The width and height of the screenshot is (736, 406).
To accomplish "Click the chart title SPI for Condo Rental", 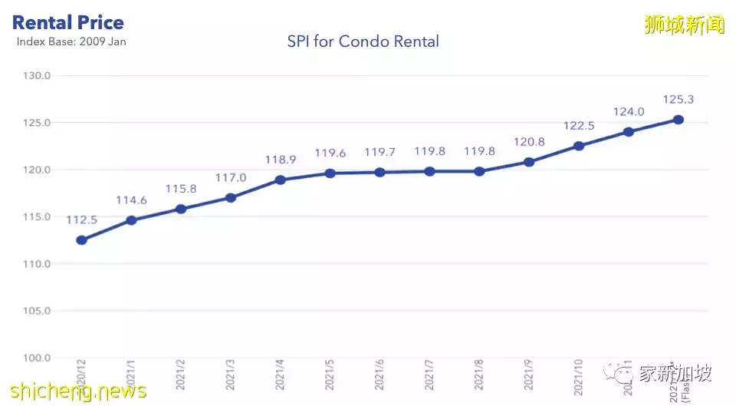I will [x=363, y=41].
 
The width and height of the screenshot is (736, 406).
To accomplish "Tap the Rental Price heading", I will [x=68, y=22].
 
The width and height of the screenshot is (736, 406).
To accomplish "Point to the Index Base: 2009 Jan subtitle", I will [x=71, y=41].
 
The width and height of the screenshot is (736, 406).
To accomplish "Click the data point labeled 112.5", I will [x=81, y=240].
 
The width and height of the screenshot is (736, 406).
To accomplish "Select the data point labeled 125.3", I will [x=678, y=119].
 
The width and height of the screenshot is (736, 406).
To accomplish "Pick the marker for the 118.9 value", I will [x=281, y=180].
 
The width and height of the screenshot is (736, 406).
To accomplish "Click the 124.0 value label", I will [x=629, y=112].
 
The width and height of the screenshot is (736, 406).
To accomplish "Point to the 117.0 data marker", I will [x=231, y=197].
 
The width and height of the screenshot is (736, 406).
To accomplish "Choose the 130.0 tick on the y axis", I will [x=38, y=76].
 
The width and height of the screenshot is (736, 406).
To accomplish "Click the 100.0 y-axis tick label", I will [x=38, y=358].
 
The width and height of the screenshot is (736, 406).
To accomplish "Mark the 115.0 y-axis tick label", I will [x=38, y=217].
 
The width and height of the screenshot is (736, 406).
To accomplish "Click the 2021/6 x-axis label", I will [x=380, y=375].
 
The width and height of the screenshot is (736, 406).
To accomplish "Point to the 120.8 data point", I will [x=529, y=162].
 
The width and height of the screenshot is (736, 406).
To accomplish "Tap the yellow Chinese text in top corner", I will [x=685, y=24].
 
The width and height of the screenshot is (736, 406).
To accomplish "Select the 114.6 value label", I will [x=131, y=200].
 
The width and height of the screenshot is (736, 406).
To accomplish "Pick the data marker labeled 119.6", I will [x=330, y=173].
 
